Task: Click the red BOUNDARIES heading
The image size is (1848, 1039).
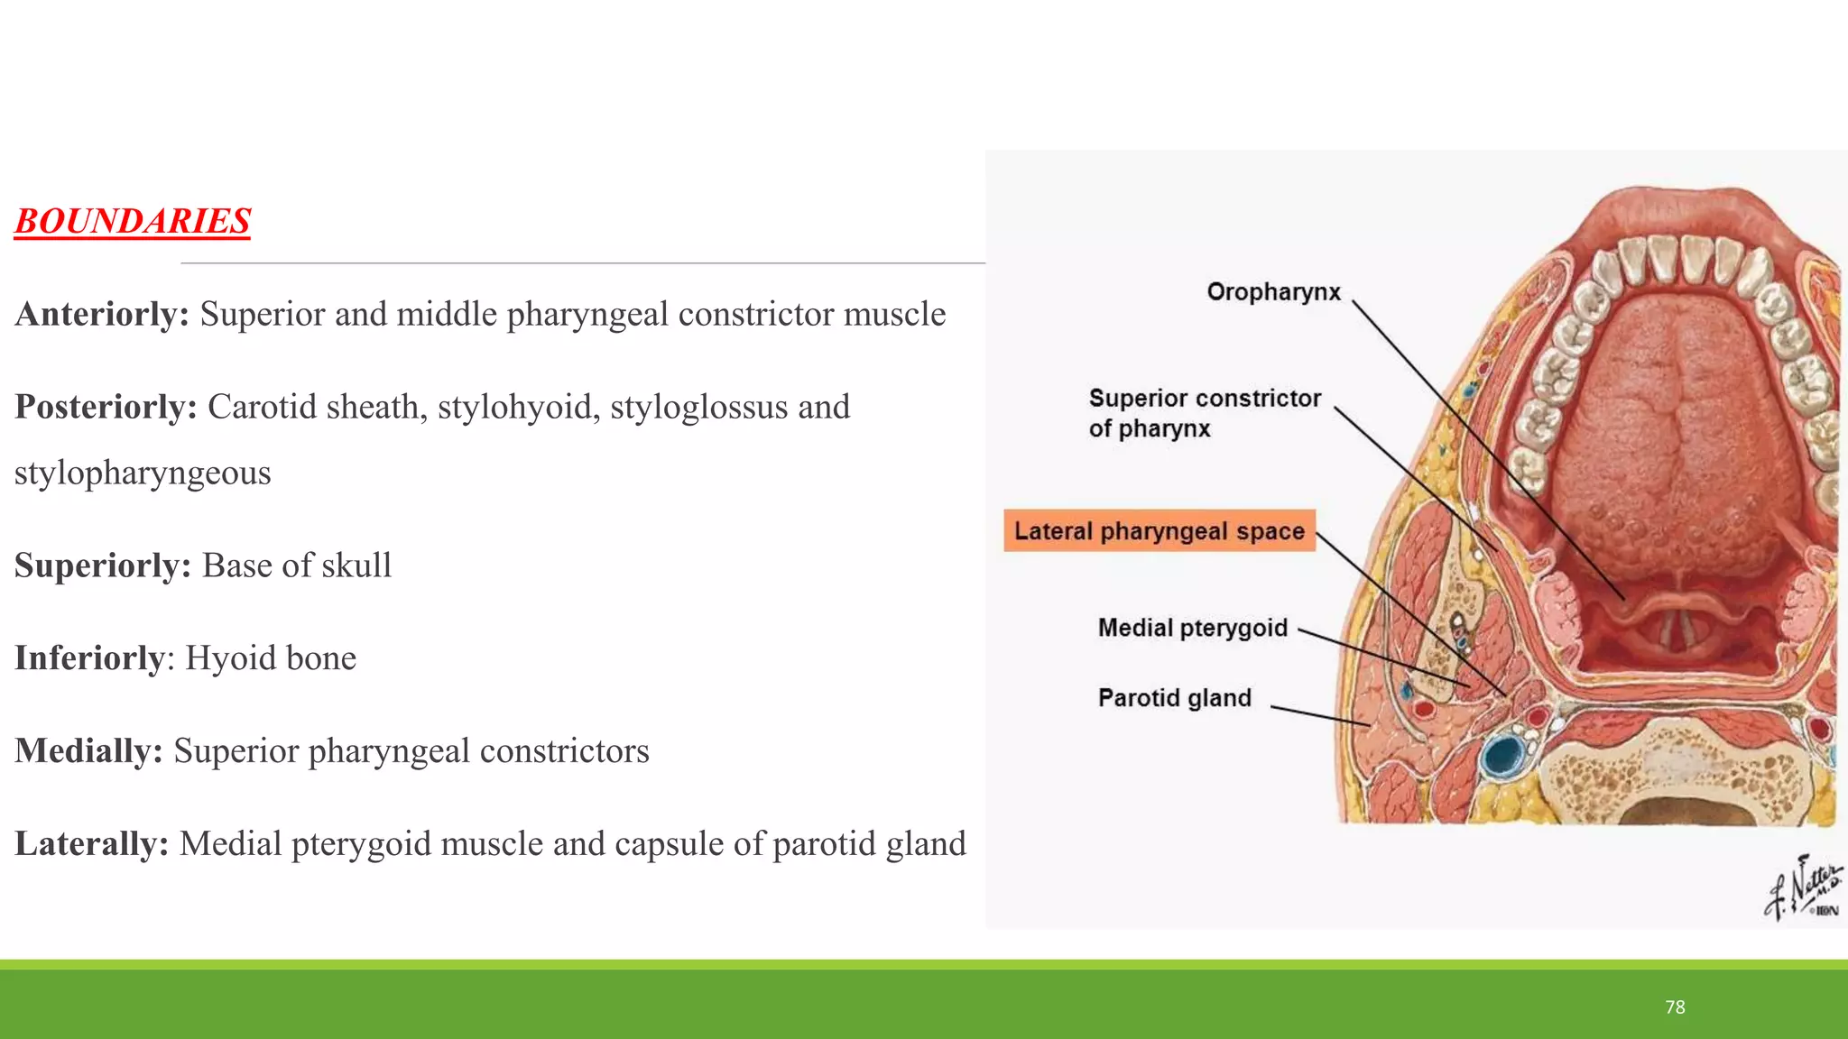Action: pos(132,221)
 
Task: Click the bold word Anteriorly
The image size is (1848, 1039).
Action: pos(101,314)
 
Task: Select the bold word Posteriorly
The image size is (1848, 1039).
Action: pos(106,407)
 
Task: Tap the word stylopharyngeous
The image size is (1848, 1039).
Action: pos(143,473)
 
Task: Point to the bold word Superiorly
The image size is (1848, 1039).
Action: pos(102,565)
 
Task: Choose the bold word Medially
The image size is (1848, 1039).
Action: pos(88,750)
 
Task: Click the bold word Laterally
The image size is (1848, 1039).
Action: pos(91,843)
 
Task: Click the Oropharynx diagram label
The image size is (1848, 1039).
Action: pos(1273,292)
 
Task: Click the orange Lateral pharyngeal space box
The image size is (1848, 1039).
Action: pos(1159,531)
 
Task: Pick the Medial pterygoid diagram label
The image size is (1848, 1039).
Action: pos(1192,628)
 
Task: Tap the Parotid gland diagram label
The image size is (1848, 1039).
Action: pos(1174,698)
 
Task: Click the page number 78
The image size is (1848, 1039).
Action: pos(1675,1007)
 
